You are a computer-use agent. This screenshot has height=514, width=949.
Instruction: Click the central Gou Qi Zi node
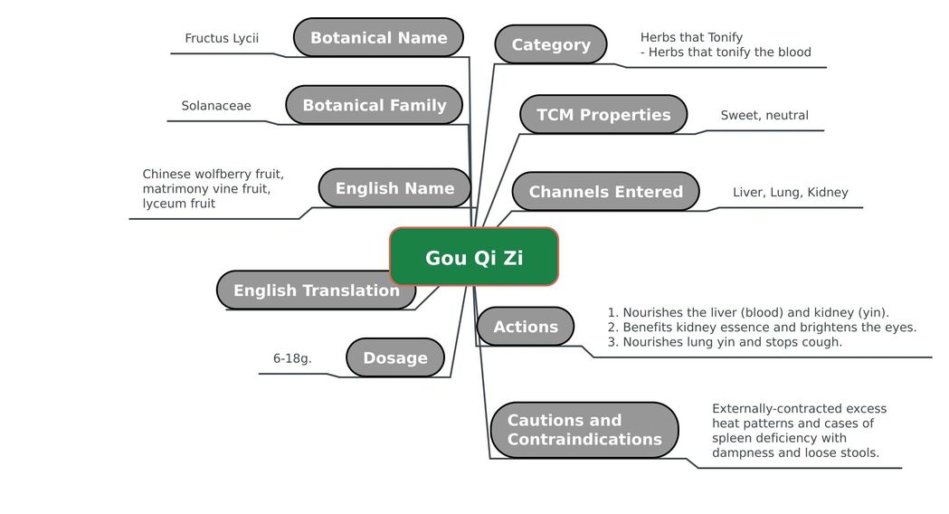click(x=474, y=257)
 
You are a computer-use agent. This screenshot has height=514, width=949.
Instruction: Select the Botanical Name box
click(x=378, y=37)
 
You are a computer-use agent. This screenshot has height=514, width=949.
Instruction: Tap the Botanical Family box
click(x=374, y=105)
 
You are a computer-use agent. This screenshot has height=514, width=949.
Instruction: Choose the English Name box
click(x=394, y=188)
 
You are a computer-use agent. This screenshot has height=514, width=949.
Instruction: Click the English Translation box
click(x=316, y=290)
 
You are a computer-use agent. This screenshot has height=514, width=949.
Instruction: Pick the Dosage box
click(x=395, y=357)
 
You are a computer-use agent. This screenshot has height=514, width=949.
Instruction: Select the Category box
click(x=551, y=44)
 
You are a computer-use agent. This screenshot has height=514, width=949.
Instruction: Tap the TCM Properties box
click(x=603, y=114)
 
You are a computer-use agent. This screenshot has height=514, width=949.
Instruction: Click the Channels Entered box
click(x=606, y=191)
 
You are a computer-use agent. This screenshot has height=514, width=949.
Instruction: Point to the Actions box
click(x=526, y=327)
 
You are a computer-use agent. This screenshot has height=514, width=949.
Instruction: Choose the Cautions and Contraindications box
click(x=584, y=430)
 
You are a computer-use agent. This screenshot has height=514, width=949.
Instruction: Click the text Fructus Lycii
click(x=222, y=38)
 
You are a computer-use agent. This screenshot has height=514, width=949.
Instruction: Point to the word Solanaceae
click(x=216, y=106)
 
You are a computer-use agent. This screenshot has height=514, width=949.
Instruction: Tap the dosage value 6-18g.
click(x=292, y=358)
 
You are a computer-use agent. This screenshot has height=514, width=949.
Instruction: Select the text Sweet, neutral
click(x=764, y=115)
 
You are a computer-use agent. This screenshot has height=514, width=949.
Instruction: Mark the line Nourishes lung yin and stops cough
click(x=725, y=342)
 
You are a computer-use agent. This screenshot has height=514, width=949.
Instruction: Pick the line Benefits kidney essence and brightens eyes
click(x=762, y=328)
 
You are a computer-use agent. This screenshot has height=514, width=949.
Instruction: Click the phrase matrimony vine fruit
click(x=206, y=189)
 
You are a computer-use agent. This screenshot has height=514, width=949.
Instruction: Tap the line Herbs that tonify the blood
click(x=726, y=52)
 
